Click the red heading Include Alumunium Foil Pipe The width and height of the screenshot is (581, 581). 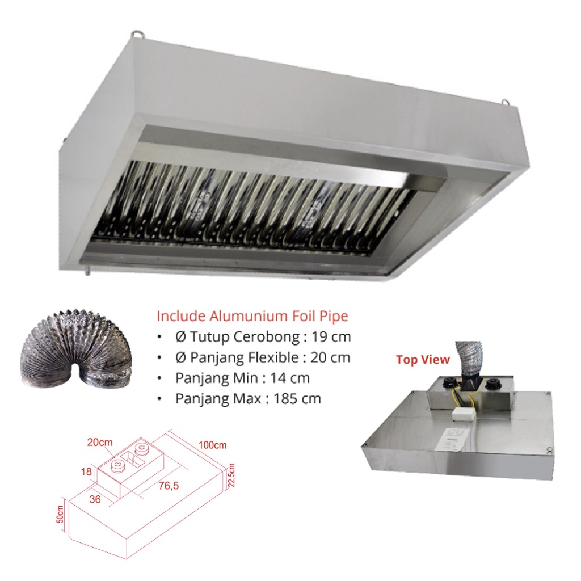252,316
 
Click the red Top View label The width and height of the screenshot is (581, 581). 423,359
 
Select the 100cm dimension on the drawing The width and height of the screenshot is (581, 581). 212,445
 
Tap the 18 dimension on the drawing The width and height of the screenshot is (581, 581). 86,471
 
